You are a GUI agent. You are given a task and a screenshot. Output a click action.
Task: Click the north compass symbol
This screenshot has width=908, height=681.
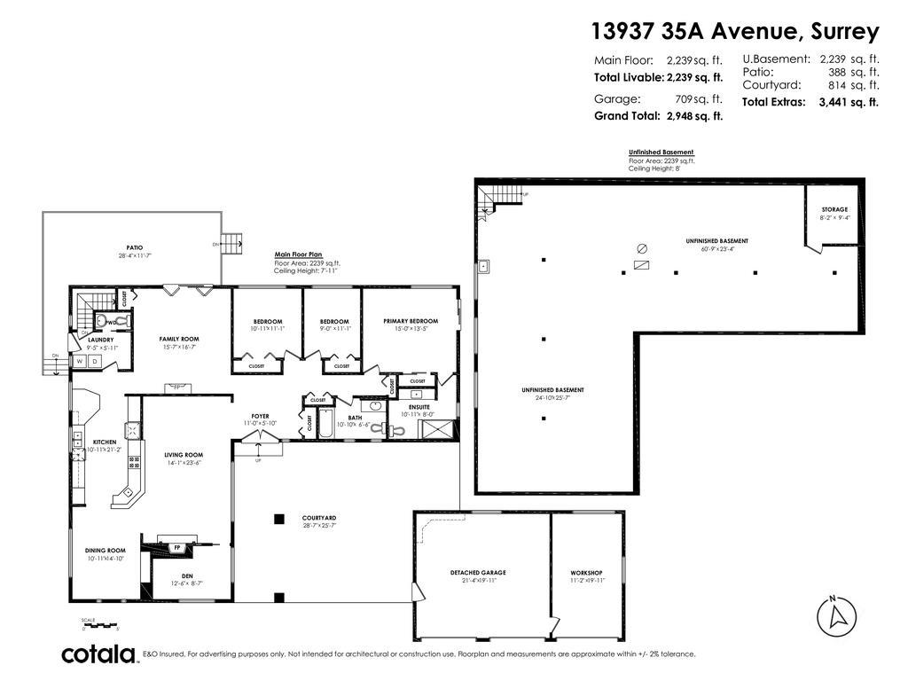point(835,615)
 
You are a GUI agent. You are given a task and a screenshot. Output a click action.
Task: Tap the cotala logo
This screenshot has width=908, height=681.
point(98,654)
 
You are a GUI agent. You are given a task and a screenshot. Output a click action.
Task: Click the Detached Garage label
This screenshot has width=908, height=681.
point(477,573)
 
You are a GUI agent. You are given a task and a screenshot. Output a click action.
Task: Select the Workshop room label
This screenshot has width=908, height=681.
point(586,573)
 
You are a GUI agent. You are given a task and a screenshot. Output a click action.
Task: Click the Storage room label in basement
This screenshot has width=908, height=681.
point(834,210)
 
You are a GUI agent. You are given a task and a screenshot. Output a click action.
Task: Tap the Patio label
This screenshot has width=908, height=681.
point(134,247)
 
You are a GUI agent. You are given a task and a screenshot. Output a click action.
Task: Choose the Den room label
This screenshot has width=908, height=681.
point(187,575)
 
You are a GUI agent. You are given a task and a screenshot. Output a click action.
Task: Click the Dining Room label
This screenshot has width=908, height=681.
point(106,551)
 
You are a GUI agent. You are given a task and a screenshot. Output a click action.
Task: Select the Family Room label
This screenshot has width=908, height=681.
point(178,339)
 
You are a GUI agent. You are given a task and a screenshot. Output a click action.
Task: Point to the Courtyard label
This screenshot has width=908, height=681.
point(318,518)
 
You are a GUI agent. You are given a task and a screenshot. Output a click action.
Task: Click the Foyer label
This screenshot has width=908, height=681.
point(259,416)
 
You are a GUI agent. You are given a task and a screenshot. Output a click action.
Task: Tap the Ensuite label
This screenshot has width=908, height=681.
point(419,406)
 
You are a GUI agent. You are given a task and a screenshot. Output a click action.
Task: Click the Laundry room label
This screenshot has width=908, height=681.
point(98,340)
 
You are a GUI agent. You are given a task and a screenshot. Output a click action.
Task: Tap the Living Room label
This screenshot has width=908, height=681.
point(184,455)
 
